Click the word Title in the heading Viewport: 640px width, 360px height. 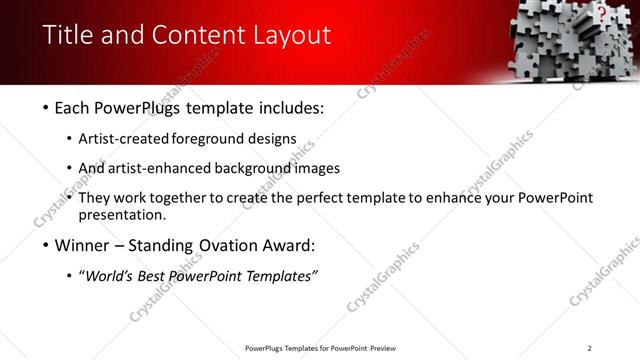tap(68, 36)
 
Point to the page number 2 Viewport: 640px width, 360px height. tap(589, 348)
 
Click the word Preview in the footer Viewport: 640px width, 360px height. tap(383, 348)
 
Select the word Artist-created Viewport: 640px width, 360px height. tap(123, 138)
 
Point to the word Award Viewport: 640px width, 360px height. tap(287, 245)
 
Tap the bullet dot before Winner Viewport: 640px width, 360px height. tap(46, 245)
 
